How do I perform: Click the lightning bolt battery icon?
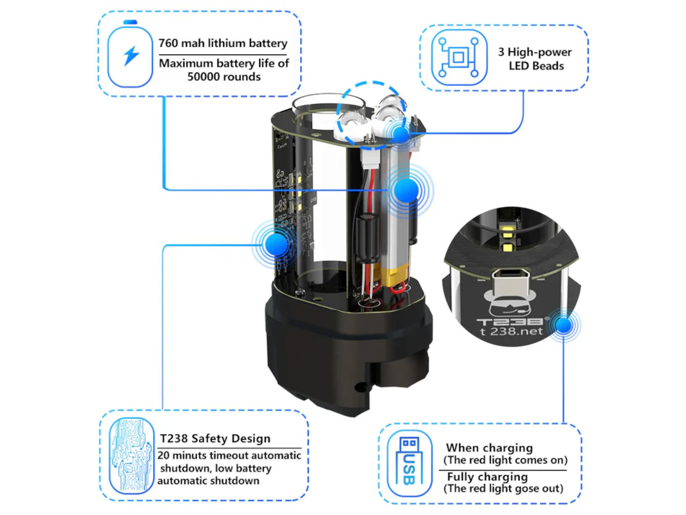(130, 54)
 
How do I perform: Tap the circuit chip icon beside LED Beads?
(459, 57)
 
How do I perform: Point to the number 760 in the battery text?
(168, 43)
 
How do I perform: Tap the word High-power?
(539, 52)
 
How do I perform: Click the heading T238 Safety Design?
(215, 439)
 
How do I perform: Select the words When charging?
(489, 448)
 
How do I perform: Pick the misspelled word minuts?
(187, 455)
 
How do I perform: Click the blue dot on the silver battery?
(405, 191)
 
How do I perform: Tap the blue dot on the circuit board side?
(276, 244)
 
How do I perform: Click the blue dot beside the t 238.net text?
(564, 325)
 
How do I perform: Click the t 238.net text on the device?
(511, 331)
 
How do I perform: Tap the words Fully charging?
(487, 477)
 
